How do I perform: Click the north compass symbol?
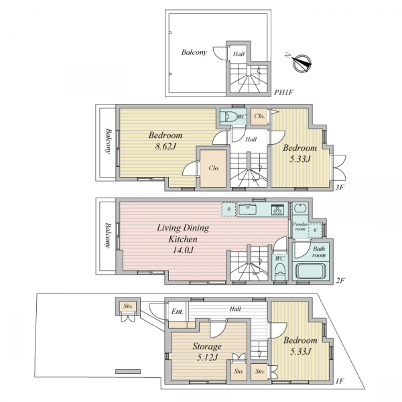coord(301,62)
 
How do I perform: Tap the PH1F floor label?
coord(283,92)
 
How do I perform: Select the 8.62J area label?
coord(165,146)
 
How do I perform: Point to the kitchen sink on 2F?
coord(247,210)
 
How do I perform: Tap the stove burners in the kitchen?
coord(277,210)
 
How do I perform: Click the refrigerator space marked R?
coord(229,209)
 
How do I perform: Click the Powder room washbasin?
coord(300,208)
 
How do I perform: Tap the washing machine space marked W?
coord(316,230)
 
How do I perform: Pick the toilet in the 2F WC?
coord(279,272)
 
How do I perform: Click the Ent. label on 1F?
coord(178,312)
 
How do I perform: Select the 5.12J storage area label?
coord(207,357)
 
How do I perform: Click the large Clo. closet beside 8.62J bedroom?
coord(213,168)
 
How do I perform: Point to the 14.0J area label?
coord(183,250)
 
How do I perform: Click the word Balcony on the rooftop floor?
coord(194,52)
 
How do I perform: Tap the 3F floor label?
coord(339,188)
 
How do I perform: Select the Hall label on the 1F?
coord(235,309)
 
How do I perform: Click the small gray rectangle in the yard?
coord(128,371)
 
